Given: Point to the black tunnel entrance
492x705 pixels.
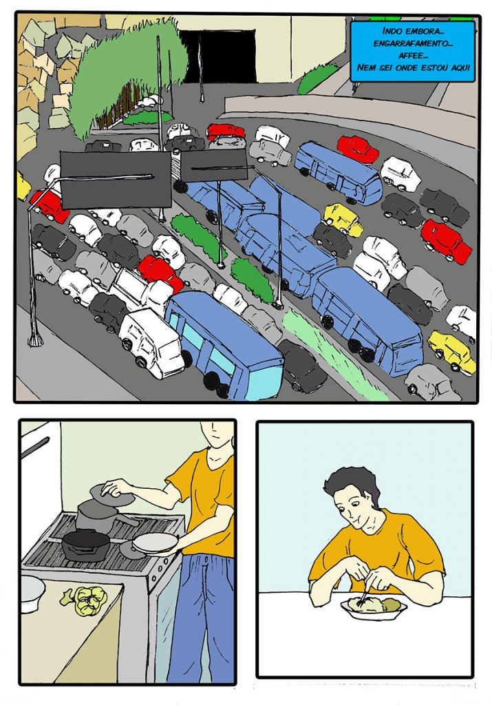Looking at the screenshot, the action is (219, 56).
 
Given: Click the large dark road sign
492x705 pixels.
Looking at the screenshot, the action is (116, 180).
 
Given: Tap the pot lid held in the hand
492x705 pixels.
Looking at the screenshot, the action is (111, 494).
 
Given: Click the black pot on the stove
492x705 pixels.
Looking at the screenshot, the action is (85, 544).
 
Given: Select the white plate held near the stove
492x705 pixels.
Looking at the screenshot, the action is (156, 543).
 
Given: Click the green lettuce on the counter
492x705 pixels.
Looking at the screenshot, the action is (86, 600).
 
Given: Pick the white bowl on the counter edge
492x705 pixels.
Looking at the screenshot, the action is (32, 593).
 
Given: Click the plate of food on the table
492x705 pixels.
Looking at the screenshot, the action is (374, 607).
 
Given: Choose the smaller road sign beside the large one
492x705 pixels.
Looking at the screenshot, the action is (214, 166).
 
